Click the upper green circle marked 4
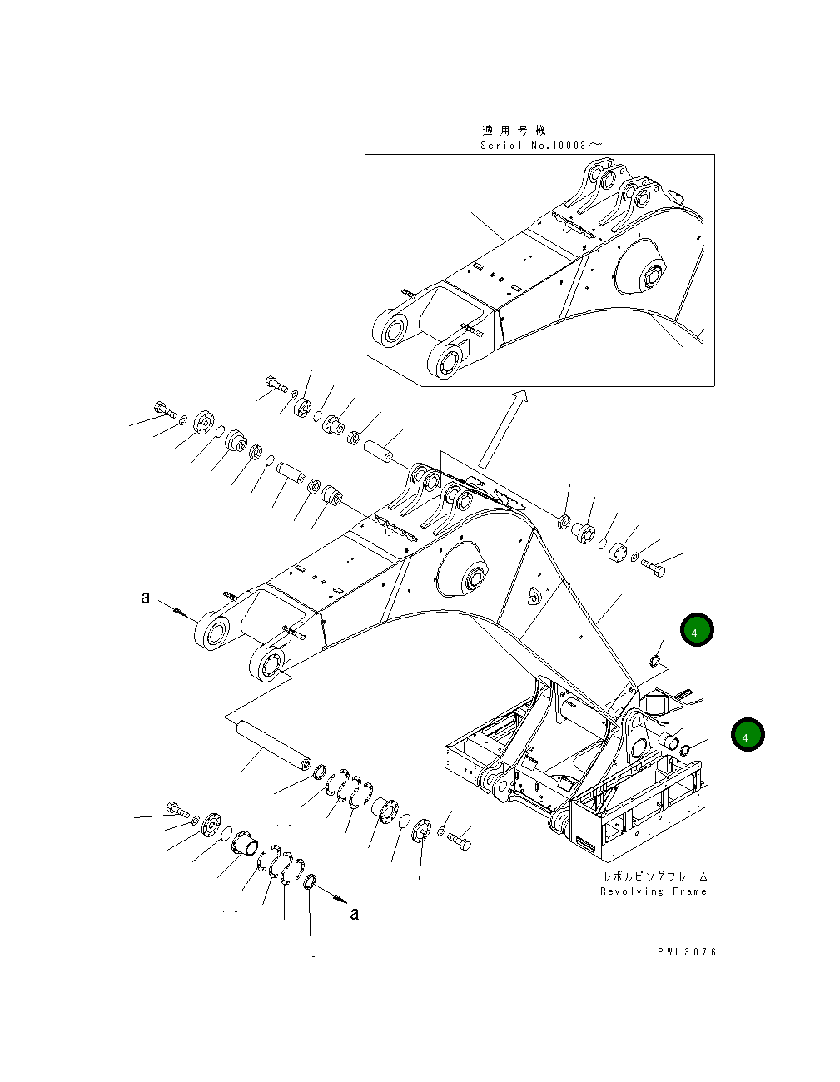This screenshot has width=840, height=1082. pos(696,631)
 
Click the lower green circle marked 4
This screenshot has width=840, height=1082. pos(748,736)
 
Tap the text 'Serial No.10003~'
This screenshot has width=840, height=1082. pos(540,145)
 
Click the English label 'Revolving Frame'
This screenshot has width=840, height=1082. pos(653,891)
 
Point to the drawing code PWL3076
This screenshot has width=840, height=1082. pos(686,951)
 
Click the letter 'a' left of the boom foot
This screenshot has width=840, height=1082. pos(146,598)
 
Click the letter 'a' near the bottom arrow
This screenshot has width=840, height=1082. pos(355,914)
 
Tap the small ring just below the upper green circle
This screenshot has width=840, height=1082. pos(654,662)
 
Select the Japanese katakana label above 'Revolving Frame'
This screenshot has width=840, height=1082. pos(654,876)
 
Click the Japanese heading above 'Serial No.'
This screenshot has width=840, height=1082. pos(514,130)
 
